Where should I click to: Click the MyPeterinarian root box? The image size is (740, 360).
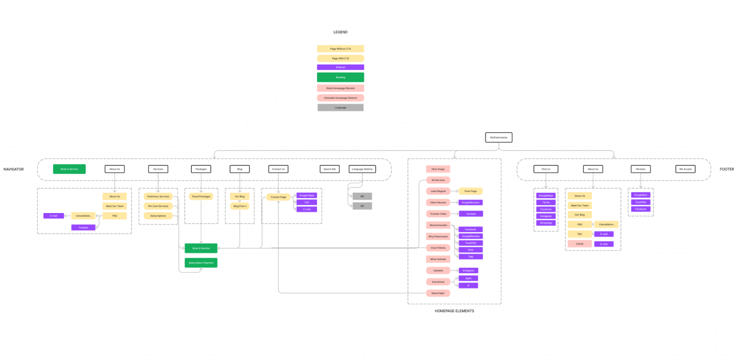pyautogui.click(x=499, y=137)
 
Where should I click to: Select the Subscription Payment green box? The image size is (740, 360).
pyautogui.click(x=201, y=263)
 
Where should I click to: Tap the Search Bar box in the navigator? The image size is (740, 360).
pyautogui.click(x=330, y=169)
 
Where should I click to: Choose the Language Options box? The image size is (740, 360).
pyautogui.click(x=362, y=169)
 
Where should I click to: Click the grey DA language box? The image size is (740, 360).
pyautogui.click(x=362, y=206)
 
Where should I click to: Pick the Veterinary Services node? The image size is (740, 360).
pyautogui.click(x=158, y=197)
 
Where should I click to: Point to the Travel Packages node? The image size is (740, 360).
pyautogui.click(x=201, y=197)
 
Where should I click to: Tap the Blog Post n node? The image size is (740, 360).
pyautogui.click(x=239, y=206)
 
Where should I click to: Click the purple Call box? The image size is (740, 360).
pyautogui.click(x=306, y=202)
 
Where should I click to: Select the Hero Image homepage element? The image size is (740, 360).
pyautogui.click(x=438, y=169)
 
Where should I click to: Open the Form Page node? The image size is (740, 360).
pyautogui.click(x=470, y=191)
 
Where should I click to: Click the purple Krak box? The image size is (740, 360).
pyautogui.click(x=470, y=250)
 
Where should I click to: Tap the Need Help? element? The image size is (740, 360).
pyautogui.click(x=438, y=293)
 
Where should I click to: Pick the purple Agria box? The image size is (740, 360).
pyautogui.click(x=468, y=278)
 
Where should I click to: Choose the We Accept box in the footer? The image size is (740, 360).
pyautogui.click(x=685, y=169)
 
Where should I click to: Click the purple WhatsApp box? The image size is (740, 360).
pyautogui.click(x=546, y=223)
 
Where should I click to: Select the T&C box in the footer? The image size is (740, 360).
pyautogui.click(x=580, y=234)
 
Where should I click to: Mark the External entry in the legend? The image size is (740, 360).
pyautogui.click(x=340, y=67)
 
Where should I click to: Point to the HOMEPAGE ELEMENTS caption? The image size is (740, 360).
pyautogui.click(x=454, y=311)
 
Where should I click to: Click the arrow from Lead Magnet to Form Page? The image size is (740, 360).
pyautogui.click(x=454, y=191)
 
